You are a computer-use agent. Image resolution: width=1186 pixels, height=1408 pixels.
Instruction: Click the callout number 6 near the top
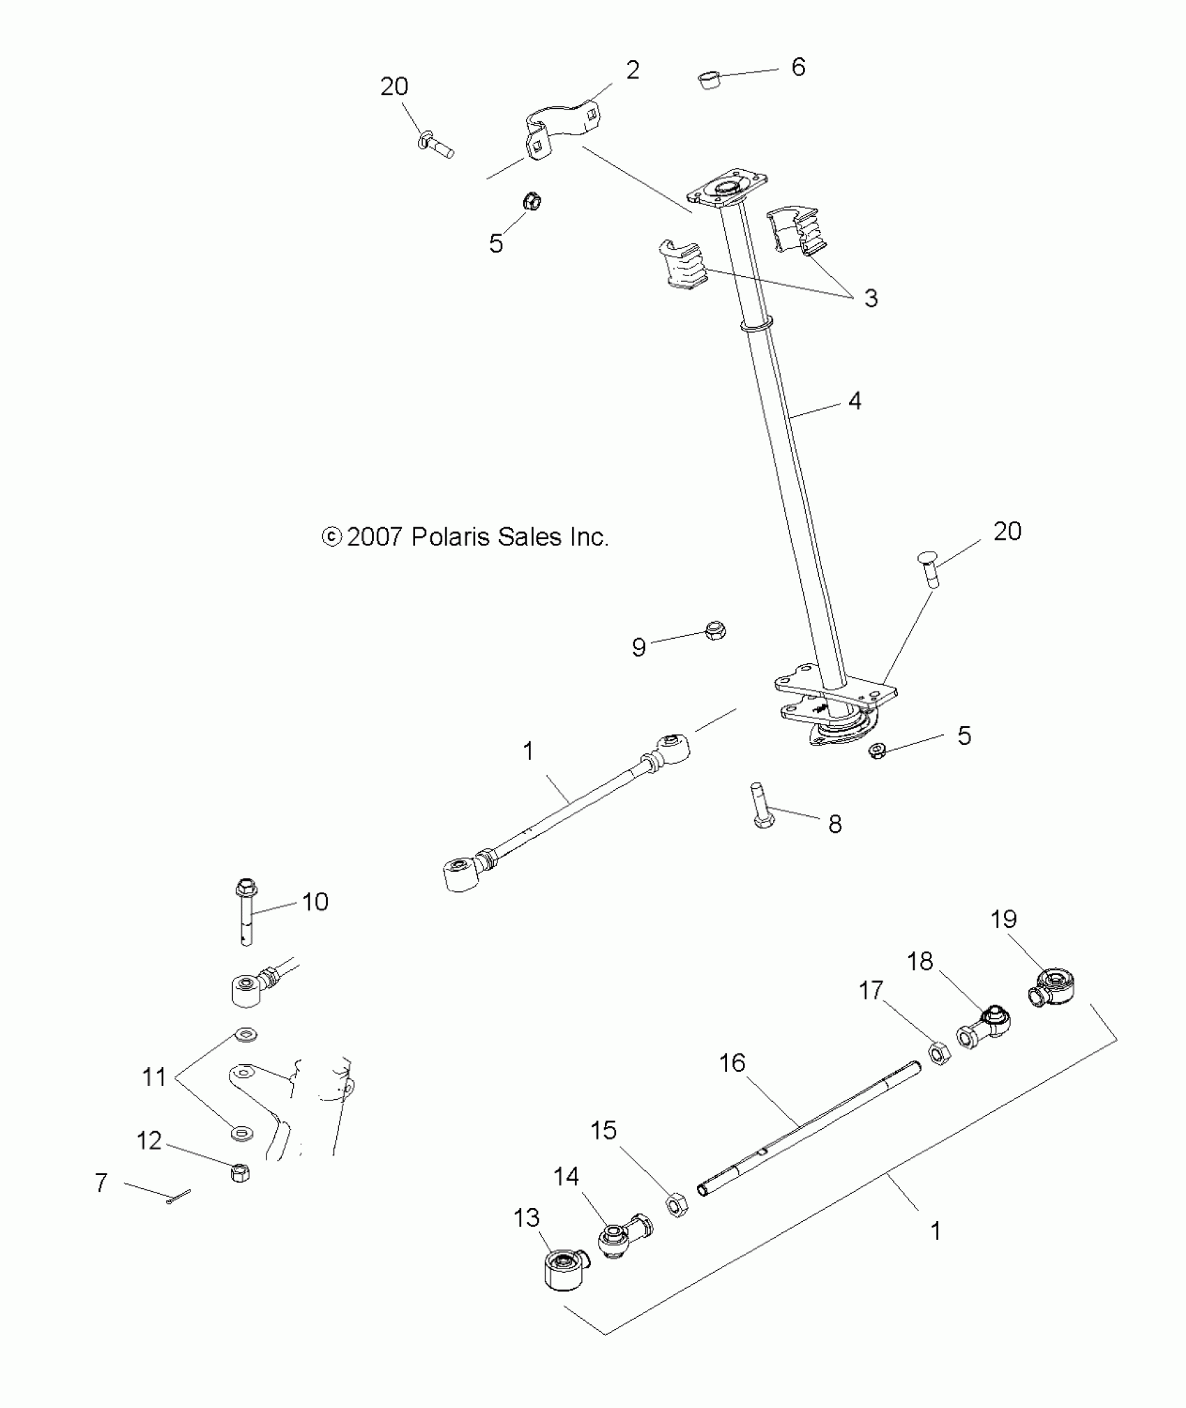pos(798,67)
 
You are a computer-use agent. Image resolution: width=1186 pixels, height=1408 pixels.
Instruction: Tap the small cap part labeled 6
pos(710,81)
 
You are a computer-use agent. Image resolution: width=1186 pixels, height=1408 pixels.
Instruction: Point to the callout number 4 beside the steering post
pos(855,401)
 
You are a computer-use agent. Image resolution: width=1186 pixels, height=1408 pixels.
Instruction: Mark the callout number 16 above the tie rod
pos(732,1063)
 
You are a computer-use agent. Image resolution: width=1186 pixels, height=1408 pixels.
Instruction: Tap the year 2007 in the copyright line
pos(375,537)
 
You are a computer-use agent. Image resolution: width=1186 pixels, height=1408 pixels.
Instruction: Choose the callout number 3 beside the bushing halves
pos(871,298)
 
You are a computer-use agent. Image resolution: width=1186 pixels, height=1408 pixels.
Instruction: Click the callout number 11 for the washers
pos(154,1077)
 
